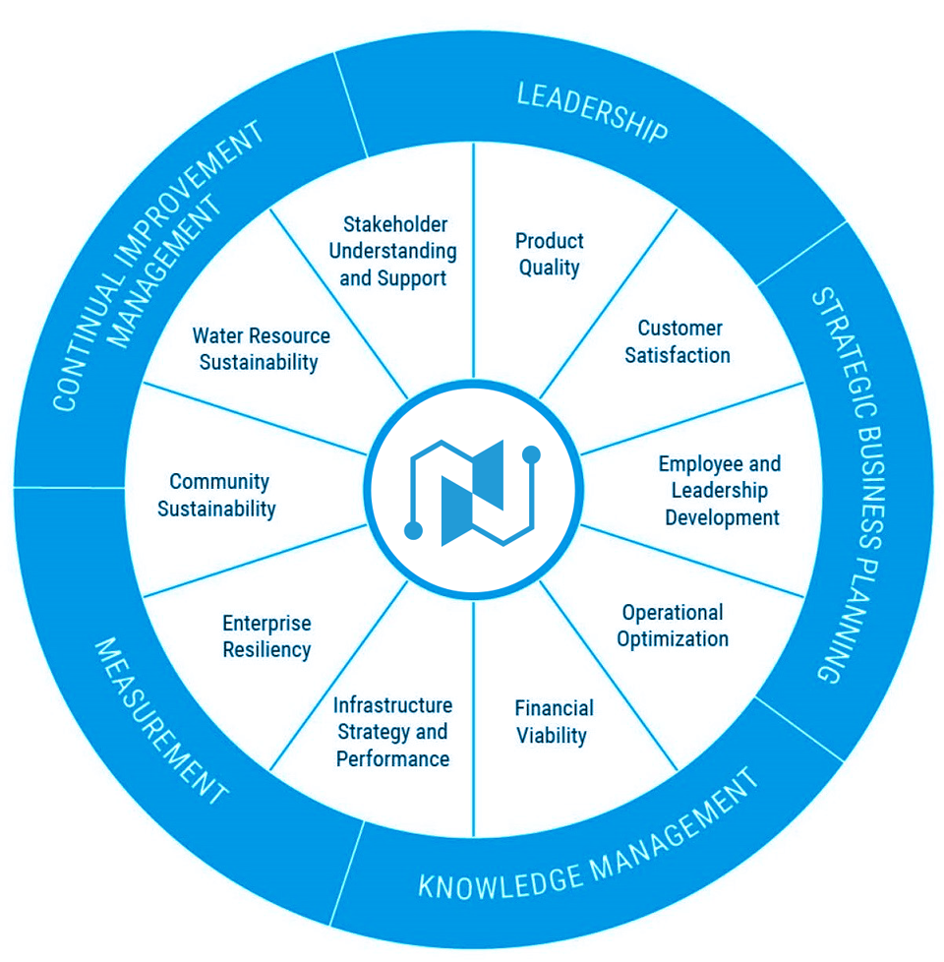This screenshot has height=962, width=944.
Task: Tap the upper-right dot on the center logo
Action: pyautogui.click(x=531, y=454)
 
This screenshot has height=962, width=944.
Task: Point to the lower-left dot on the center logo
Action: pyautogui.click(x=413, y=531)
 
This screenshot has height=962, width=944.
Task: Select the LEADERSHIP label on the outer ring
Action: pyautogui.click(x=593, y=112)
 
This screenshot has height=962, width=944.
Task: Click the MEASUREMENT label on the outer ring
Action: pyautogui.click(x=160, y=720)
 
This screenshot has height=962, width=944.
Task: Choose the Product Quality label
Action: pyautogui.click(x=549, y=255)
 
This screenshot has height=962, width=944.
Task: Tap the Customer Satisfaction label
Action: pyautogui.click(x=678, y=341)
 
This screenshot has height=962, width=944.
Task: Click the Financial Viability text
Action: pyautogui.click(x=554, y=722)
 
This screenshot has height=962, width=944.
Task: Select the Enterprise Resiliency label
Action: pyautogui.click(x=266, y=636)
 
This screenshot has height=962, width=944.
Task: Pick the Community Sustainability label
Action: pyautogui.click(x=216, y=495)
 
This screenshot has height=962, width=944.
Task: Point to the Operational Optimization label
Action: pyautogui.click(x=673, y=626)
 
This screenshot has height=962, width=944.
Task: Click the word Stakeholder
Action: pyautogui.click(x=395, y=224)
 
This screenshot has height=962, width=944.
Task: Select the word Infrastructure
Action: pyautogui.click(x=392, y=705)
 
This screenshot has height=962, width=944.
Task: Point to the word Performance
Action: pyautogui.click(x=392, y=759)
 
